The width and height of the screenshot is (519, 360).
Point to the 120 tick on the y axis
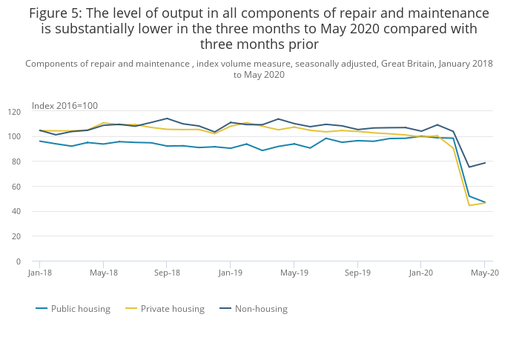[x=14, y=112]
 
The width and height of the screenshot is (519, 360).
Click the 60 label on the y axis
[x=16, y=187]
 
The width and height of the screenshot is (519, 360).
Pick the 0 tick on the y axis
[x=19, y=261]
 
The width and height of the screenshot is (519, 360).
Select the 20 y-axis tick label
[x=16, y=236]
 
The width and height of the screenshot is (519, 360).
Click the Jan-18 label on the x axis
[x=40, y=273]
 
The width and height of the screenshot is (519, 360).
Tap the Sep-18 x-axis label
[x=167, y=273]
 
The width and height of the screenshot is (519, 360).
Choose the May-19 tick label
[x=294, y=273]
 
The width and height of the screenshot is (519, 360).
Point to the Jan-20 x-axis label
[x=421, y=273]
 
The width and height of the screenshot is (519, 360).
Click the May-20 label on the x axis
[x=484, y=273]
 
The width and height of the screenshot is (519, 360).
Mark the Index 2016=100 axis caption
[x=65, y=106]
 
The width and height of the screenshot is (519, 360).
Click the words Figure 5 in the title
[x=56, y=13]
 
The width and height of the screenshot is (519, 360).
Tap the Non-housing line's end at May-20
[x=485, y=163]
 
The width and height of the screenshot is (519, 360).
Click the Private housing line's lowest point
[x=469, y=205]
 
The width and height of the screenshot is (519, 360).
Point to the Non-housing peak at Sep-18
[x=167, y=119]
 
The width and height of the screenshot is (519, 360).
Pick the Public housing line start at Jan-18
[x=40, y=141]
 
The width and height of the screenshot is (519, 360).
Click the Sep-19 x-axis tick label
[x=357, y=273]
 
